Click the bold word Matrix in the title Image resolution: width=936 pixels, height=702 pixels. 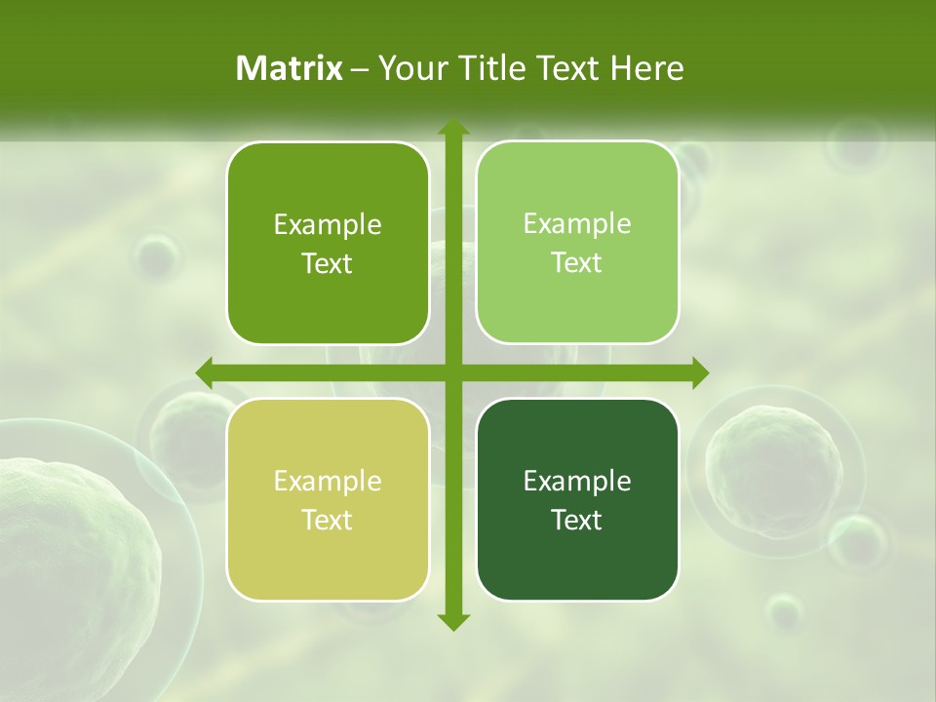click(290, 68)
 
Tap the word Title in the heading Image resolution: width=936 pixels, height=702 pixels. click(487, 68)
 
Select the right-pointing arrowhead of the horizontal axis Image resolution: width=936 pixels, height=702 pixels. click(699, 372)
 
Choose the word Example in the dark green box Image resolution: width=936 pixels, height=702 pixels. click(577, 481)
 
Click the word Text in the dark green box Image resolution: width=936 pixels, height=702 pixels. click(577, 520)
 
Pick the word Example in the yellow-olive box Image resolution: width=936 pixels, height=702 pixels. click(328, 481)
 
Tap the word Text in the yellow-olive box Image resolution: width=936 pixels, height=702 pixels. click(328, 520)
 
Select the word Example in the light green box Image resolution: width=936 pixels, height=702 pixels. click(577, 223)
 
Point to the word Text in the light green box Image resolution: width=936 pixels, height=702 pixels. click(577, 262)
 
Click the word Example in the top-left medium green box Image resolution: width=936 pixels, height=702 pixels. click(328, 224)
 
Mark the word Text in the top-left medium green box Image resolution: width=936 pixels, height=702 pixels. click(328, 263)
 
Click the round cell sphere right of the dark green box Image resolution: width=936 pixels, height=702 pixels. click(775, 458)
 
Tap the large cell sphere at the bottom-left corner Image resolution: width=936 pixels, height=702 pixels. click(68, 565)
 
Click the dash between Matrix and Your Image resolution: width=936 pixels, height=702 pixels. click(360, 69)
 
